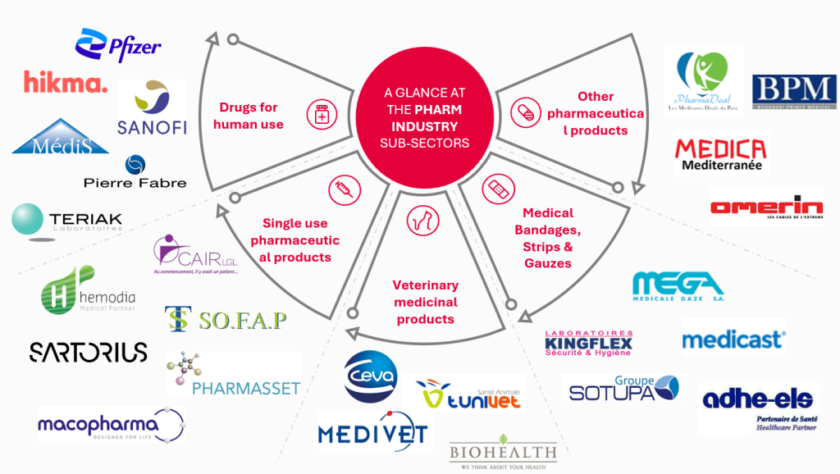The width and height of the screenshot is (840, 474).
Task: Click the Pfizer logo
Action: tap(118, 45)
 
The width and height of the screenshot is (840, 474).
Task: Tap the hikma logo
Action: tap(66, 82)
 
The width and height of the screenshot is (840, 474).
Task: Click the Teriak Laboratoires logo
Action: tap(67, 220)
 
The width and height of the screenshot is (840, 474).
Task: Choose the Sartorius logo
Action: tap(89, 352)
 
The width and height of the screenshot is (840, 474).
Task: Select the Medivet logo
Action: tap(374, 431)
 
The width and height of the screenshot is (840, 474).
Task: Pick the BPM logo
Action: tap(793, 92)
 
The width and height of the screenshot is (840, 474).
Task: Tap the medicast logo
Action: tap(733, 339)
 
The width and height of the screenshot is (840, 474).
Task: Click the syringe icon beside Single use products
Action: tap(340, 191)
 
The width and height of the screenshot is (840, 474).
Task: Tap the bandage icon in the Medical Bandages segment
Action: tap(495, 189)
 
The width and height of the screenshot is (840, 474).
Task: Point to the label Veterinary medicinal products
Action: tap(425, 302)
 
